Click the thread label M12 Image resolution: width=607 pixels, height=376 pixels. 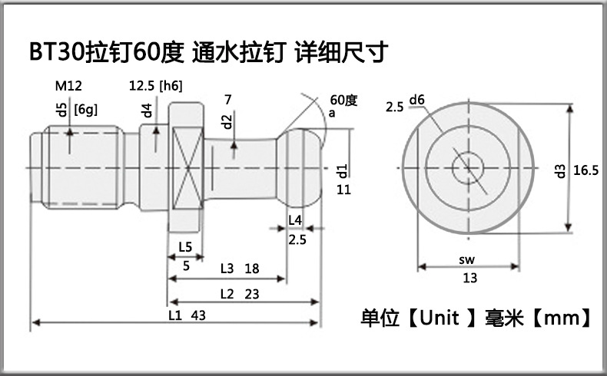(x=68, y=87)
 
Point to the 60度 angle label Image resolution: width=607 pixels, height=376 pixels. (x=343, y=101)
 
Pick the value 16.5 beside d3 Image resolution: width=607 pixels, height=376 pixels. (x=585, y=170)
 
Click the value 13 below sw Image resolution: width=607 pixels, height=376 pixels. (x=469, y=279)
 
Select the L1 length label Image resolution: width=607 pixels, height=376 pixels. (x=175, y=315)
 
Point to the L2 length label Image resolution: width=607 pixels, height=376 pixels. (x=227, y=293)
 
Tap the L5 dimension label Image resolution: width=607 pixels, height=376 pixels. (x=185, y=247)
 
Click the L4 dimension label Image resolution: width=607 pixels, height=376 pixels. (x=294, y=221)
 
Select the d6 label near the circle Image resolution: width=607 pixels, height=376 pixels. (x=417, y=101)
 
